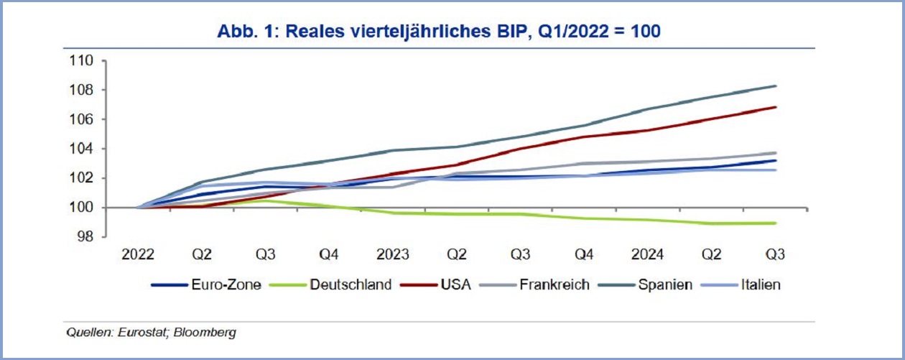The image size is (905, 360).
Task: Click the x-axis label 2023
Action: (392, 255)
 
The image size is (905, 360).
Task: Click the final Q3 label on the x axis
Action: (774, 255)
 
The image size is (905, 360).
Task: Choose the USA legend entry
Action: (456, 285)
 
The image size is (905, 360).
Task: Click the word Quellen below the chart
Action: (85, 333)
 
